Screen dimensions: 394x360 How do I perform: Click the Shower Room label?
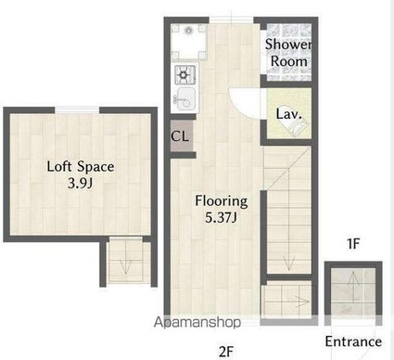point(288,53)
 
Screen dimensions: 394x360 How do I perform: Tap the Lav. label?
point(288,114)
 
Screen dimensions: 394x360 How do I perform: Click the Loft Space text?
point(81,167)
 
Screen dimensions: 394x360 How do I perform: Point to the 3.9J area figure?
point(81,184)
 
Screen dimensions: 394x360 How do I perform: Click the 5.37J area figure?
point(222,218)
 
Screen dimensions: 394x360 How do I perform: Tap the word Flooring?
point(222,201)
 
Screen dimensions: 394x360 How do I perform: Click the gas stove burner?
point(185,74)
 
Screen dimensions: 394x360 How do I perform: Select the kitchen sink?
point(184,98)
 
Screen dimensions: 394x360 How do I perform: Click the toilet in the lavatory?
point(296,127)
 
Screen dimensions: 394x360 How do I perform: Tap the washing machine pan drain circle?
point(188,31)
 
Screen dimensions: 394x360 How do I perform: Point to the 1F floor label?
point(353,244)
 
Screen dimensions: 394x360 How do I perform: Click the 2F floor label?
point(226,352)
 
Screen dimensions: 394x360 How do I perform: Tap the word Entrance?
point(353,341)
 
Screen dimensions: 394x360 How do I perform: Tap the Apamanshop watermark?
point(197,322)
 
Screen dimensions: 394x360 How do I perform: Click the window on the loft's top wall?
point(77,109)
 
